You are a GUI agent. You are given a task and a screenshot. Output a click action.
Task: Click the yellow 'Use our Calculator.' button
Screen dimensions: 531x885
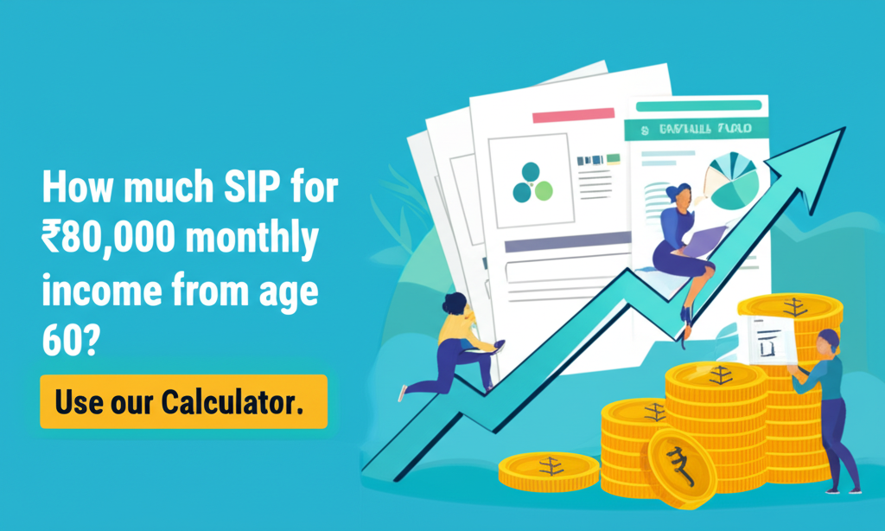183,402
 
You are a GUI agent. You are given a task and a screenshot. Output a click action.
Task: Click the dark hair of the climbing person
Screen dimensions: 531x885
453,303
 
